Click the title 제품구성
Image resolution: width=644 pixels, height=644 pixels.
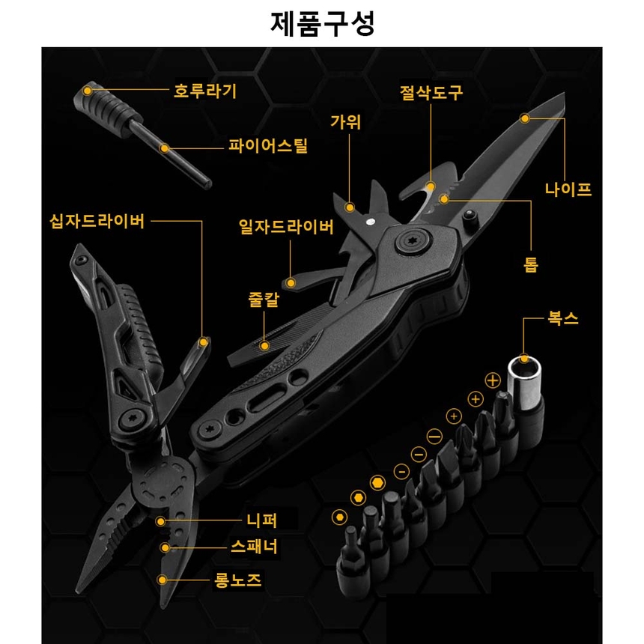tap(322, 24)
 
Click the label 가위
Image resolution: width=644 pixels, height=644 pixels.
tap(346, 121)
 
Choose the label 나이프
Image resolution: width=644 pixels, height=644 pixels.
tap(568, 189)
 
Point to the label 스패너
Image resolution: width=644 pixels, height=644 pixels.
tap(255, 547)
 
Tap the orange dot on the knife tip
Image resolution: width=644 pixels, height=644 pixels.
tap(525, 118)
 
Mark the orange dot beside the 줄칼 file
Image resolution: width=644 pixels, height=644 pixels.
tap(264, 346)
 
